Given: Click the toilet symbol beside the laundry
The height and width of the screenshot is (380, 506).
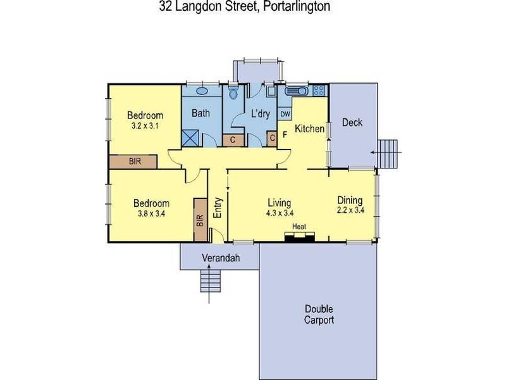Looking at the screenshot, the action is (x=232, y=92).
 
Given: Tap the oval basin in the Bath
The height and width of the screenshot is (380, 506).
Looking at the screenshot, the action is (x=202, y=91).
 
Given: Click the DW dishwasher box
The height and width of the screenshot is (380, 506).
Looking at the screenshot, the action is (x=285, y=114).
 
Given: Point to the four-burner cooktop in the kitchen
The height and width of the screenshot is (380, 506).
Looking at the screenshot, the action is (x=319, y=90).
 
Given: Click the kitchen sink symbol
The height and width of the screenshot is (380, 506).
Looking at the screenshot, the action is (x=295, y=90).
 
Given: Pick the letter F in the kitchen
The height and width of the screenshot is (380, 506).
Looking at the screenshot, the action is (x=285, y=134).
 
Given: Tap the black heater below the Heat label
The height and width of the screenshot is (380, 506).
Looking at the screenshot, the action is (x=299, y=237).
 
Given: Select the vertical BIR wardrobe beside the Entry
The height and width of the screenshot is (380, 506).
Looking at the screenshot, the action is (x=200, y=219).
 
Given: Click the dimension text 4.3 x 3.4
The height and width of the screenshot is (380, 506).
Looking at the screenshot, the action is (x=280, y=213).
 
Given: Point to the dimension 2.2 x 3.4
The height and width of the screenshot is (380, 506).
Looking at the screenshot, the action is (x=350, y=210).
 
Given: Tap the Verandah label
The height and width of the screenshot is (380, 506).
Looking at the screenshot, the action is (x=221, y=258).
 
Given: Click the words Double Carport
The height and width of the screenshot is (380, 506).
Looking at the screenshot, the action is (x=319, y=314).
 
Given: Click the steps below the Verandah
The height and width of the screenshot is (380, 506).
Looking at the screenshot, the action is (x=211, y=281).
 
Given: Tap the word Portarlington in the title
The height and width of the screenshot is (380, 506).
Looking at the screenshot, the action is (x=297, y=6).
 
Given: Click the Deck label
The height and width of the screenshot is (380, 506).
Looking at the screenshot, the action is (x=352, y=122).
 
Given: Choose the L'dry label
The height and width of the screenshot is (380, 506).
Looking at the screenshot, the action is (x=261, y=113).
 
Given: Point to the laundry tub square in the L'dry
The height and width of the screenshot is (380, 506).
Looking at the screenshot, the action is (x=271, y=91).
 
